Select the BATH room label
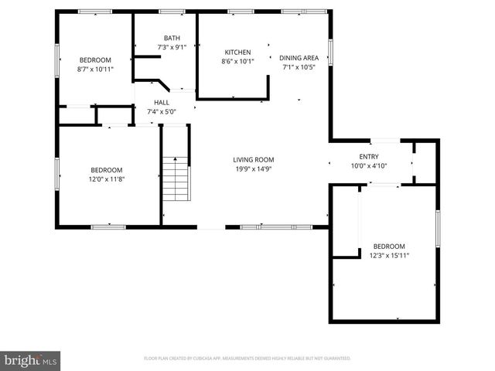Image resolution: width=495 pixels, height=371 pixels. tap(171, 39)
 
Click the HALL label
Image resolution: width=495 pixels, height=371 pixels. tap(162, 102)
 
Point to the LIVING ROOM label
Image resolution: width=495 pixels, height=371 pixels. tap(254, 160)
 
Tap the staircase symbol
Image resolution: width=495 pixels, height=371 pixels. tap(176, 179)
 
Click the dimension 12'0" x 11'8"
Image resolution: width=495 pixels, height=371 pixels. tap(106, 179)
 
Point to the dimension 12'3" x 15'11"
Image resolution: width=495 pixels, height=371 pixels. tap(389, 256)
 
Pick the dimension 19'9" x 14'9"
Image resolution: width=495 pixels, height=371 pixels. tap(254, 169)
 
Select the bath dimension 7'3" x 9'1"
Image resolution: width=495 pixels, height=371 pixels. tap(171, 48)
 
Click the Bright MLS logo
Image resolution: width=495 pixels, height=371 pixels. tap(31, 360)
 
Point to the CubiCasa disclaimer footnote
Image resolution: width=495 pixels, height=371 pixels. tap(247, 359)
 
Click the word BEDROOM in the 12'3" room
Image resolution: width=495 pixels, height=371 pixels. tap(389, 247)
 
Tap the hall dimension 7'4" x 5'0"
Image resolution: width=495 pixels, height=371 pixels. tap(162, 111)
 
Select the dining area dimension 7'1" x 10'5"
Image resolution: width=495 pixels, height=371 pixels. tap(299, 67)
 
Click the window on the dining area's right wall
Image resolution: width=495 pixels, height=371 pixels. tap(330, 52)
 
